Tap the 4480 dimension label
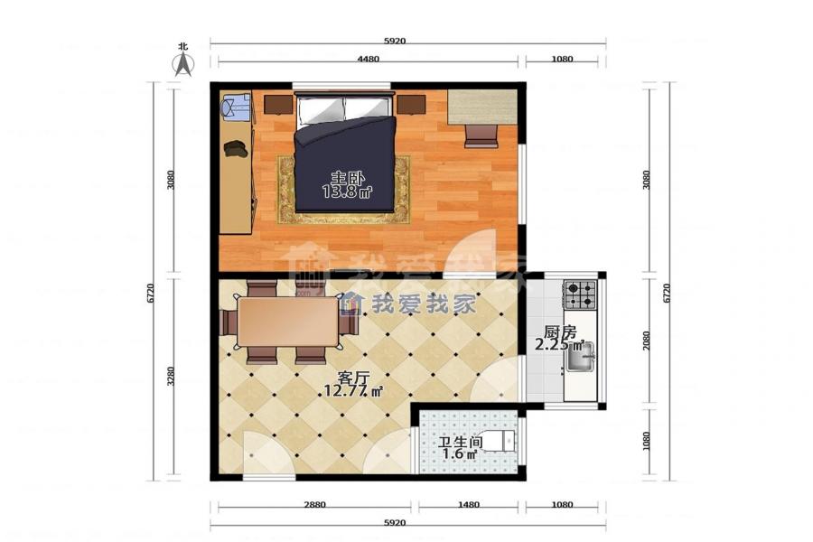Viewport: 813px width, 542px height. click(x=369, y=59)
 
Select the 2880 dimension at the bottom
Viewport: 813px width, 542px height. click(x=314, y=504)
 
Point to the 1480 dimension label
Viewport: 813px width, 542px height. click(x=468, y=504)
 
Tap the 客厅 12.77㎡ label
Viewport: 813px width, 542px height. click(x=353, y=384)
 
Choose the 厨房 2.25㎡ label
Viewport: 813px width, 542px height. click(x=559, y=338)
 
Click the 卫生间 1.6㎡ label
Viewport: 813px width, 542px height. click(x=460, y=448)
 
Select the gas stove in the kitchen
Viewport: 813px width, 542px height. click(x=580, y=294)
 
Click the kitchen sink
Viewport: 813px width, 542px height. click(x=580, y=357)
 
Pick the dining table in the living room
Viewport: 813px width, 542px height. click(x=288, y=322)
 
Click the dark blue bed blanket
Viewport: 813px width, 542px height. click(x=345, y=164)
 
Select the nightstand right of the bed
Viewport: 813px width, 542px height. click(x=411, y=104)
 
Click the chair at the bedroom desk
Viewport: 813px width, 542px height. click(x=481, y=135)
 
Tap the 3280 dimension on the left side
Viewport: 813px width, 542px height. click(x=171, y=376)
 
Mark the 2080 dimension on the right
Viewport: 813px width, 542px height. click(x=646, y=341)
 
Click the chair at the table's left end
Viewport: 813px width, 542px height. click(x=229, y=322)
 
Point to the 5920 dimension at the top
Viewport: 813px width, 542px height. click(x=395, y=41)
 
